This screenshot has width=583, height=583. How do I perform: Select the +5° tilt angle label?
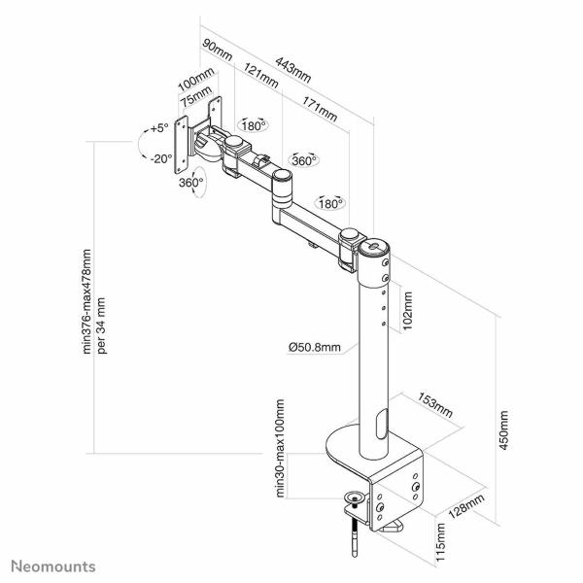158,127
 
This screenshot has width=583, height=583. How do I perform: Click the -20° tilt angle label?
159,157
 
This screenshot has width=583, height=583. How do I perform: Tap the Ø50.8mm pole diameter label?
315,346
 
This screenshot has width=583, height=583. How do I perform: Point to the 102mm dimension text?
409,312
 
